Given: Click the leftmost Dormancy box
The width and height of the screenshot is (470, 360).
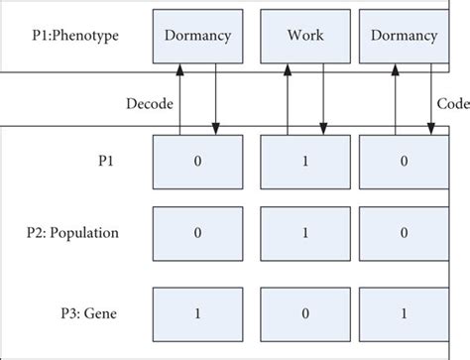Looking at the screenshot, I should (x=197, y=37).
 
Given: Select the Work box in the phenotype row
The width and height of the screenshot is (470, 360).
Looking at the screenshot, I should (x=304, y=37).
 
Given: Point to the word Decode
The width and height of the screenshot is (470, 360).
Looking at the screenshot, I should (x=150, y=101).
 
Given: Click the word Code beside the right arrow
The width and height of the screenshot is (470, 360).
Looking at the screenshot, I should (x=452, y=101).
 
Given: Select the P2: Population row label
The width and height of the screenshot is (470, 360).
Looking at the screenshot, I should (x=73, y=233).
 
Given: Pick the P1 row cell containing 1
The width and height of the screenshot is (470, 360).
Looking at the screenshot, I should (x=304, y=162).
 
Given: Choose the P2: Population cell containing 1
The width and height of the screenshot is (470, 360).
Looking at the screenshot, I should (x=304, y=234).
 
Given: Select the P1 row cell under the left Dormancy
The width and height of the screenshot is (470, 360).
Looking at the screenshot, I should (x=197, y=162).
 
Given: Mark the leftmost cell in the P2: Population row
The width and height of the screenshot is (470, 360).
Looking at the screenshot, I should (x=197, y=234).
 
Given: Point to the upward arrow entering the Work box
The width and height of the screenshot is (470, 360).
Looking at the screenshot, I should (x=287, y=99).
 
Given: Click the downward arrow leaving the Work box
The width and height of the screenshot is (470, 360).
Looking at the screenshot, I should (x=323, y=99).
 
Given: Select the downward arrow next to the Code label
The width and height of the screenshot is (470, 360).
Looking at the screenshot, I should (x=430, y=99).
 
